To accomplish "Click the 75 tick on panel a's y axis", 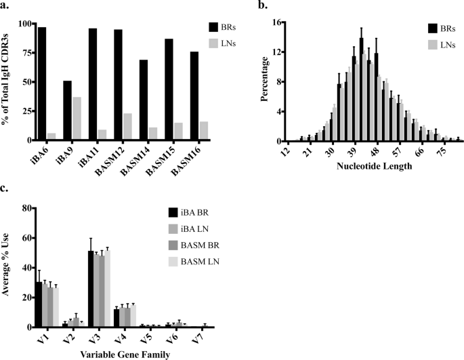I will [x=25, y=53].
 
